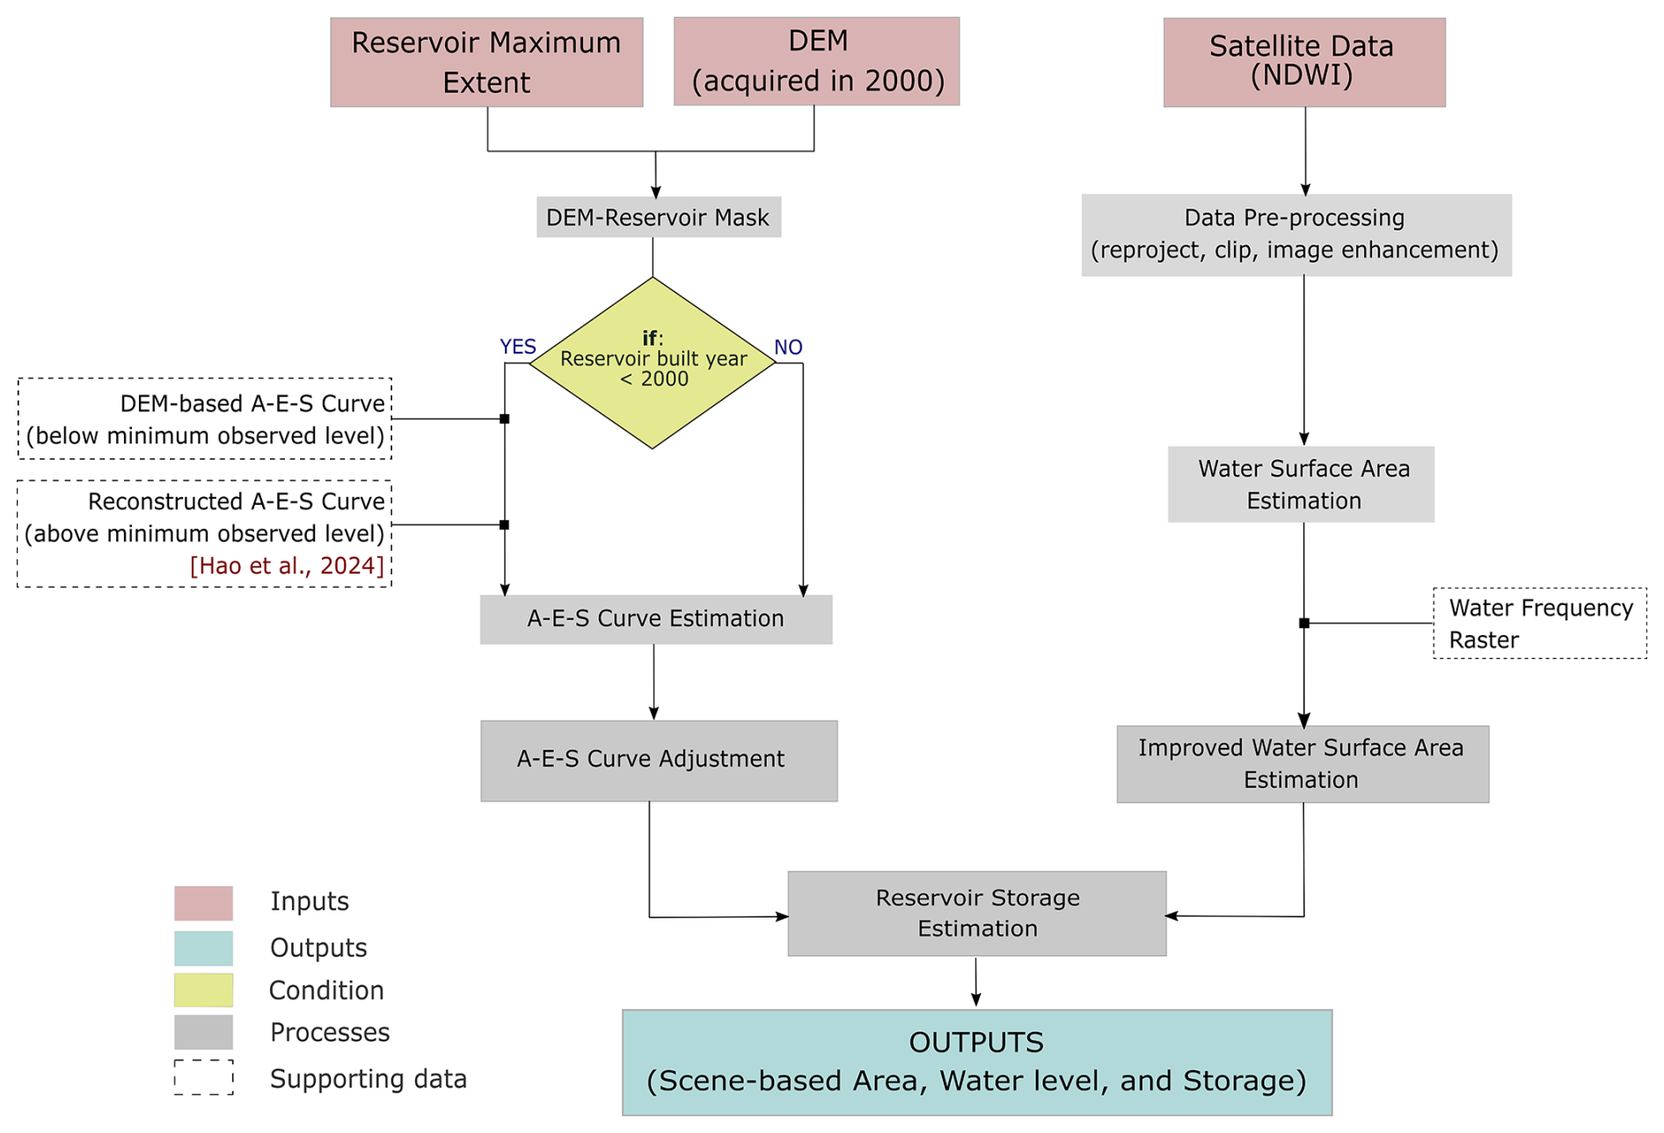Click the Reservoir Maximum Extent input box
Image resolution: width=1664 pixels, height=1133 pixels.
(486, 62)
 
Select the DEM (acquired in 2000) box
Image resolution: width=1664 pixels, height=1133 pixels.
(816, 62)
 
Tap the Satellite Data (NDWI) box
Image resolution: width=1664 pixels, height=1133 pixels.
(1303, 62)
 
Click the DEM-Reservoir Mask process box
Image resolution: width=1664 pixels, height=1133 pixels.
(658, 217)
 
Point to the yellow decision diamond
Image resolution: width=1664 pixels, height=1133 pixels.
(653, 363)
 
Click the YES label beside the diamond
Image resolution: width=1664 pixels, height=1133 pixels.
(517, 347)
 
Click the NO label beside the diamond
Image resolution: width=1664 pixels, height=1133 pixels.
(788, 347)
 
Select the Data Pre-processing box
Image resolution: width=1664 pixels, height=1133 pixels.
(1295, 235)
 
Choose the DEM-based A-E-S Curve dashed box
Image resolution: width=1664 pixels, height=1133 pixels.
(205, 419)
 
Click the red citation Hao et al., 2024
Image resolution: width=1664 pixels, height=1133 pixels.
(287, 566)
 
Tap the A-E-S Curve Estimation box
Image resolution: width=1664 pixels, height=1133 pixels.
(655, 619)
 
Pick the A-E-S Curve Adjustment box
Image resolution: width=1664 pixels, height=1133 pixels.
(659, 760)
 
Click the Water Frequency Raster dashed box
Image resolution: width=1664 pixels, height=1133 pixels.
(1539, 623)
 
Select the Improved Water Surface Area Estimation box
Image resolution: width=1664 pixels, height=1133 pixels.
(1303, 764)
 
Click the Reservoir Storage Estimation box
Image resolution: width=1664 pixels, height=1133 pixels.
(976, 913)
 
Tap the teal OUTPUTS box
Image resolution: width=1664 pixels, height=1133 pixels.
(976, 1062)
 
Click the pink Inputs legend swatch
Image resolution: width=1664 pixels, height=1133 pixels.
(203, 903)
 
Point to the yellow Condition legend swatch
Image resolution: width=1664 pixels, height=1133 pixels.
(203, 990)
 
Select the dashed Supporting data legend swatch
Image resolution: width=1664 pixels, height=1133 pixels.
(203, 1078)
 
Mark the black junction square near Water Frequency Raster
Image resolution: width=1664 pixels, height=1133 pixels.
(1304, 623)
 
